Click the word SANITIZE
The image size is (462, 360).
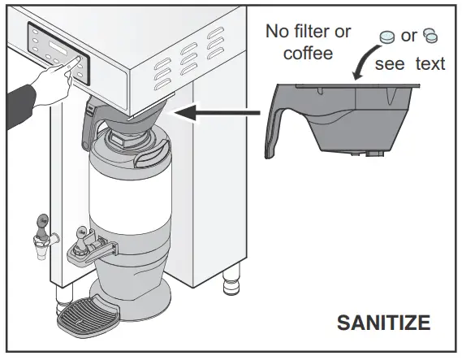click(383, 323)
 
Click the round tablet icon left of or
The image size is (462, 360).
click(386, 36)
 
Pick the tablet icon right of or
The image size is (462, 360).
click(431, 36)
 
